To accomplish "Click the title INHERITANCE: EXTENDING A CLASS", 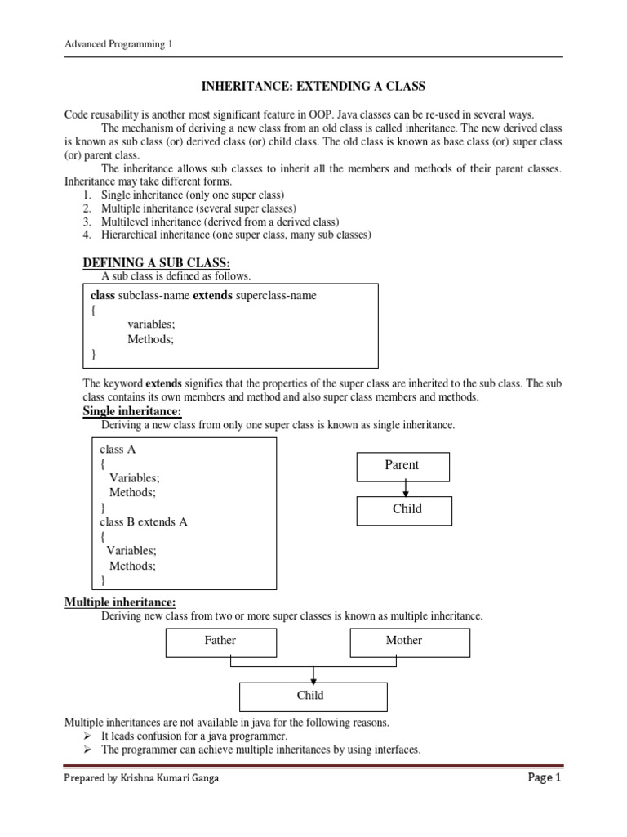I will point(313,85).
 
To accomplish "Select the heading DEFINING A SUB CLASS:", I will point(157,262).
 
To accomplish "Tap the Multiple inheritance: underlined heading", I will point(120,602).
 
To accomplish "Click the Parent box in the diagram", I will point(402,465).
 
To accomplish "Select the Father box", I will point(220,641).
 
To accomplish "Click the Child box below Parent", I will point(407,509).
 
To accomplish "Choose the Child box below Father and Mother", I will point(313,696).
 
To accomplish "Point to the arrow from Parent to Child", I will point(406,488).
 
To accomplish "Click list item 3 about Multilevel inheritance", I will point(220,222).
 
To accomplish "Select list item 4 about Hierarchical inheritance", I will point(235,235).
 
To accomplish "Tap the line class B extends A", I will point(144,521).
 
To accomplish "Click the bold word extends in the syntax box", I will point(212,296).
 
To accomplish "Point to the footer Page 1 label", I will point(545,778).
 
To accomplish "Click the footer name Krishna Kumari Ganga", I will point(170,778).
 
